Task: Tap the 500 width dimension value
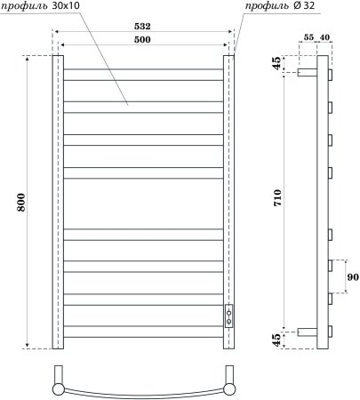(142, 40)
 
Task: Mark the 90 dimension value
(351, 278)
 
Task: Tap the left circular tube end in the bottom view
(59, 388)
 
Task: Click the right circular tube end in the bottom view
(228, 388)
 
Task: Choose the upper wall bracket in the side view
(308, 75)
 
